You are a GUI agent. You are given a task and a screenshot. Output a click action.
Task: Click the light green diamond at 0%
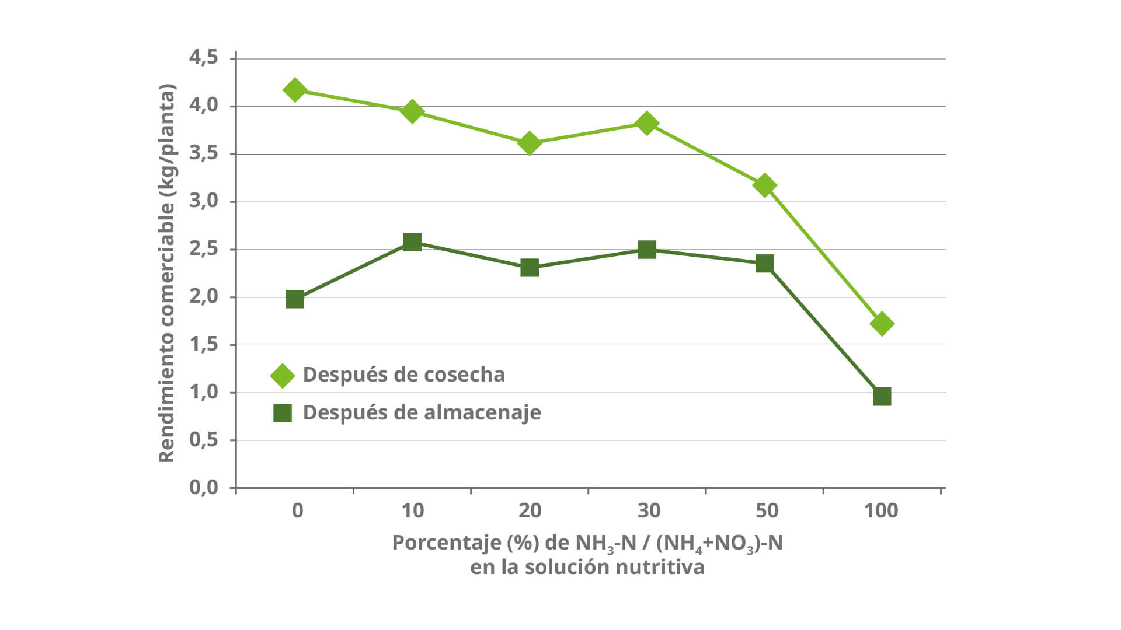pos(295,90)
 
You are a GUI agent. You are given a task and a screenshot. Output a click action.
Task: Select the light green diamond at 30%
pos(646,123)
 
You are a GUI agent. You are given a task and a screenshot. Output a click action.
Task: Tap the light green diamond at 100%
pos(882,324)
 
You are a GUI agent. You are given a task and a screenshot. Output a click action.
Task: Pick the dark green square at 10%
pos(412,242)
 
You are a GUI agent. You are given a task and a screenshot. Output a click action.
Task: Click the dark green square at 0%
pos(295,299)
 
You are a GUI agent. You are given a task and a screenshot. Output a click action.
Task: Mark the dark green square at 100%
pos(882,397)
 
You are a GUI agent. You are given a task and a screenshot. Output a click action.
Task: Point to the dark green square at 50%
pos(764,263)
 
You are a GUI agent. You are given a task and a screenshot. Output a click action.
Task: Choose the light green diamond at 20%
pos(530,143)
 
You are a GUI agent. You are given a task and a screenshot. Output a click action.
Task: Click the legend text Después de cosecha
pos(403,374)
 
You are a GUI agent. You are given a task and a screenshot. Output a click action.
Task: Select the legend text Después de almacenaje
pos(422,412)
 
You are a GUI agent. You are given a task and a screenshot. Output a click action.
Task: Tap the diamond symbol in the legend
pos(283,376)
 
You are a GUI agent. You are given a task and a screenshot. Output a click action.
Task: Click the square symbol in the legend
pos(283,413)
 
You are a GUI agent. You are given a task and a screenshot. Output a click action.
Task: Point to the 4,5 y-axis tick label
pos(203,57)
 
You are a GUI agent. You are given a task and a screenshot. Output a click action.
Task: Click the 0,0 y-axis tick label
pos(203,487)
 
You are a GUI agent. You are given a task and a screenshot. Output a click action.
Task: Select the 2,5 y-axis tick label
pos(203,249)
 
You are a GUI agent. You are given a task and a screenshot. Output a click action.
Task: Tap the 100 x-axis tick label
pos(881,511)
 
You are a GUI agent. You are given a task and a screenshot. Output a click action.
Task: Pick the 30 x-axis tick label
pos(649,511)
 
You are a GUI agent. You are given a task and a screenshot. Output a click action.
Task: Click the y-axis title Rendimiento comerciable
pos(167,273)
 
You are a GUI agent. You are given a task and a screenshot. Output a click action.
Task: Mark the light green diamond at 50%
pos(764,185)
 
